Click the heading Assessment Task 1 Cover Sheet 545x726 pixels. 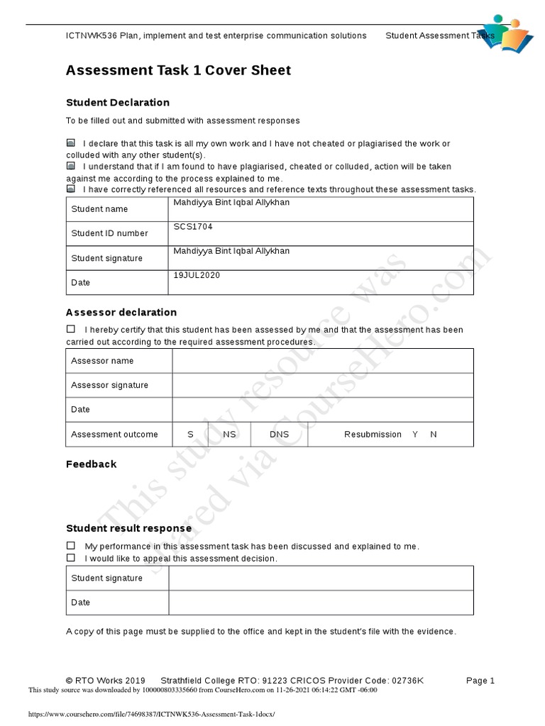[178, 70]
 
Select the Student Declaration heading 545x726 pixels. [118, 103]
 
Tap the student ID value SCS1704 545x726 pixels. [193, 227]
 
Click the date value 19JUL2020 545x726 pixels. [197, 275]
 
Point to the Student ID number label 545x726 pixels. [110, 233]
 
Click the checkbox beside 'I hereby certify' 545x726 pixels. [71, 329]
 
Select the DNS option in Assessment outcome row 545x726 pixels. [279, 434]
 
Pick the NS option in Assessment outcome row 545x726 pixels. [229, 434]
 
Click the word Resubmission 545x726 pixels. [373, 434]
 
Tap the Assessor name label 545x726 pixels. [102, 361]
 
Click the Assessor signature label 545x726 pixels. [110, 385]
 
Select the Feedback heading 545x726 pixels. [91, 464]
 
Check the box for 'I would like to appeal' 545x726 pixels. [71, 558]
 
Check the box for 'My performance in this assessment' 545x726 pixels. [71, 546]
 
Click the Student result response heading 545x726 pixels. [128, 528]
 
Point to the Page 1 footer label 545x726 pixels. [480, 681]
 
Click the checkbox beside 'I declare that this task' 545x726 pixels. [71, 143]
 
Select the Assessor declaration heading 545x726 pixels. [121, 313]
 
